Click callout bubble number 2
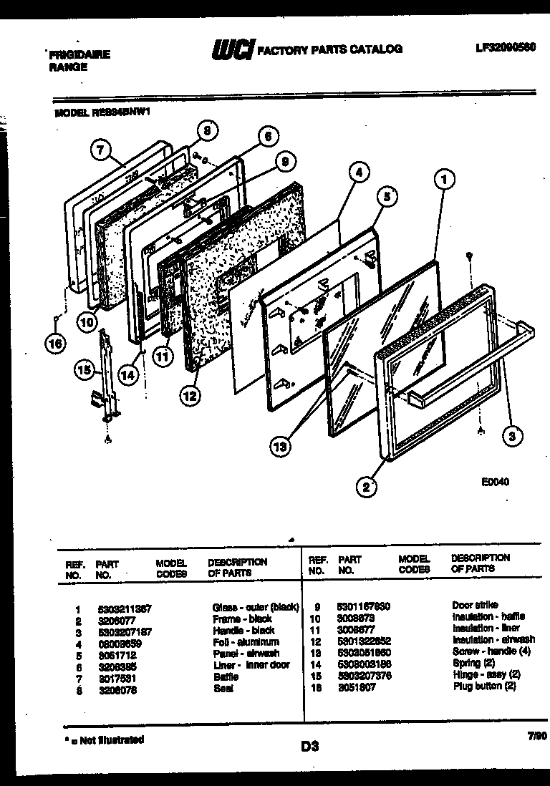click(x=366, y=488)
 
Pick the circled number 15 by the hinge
click(x=85, y=370)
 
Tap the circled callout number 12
click(x=190, y=393)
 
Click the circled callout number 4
click(x=360, y=173)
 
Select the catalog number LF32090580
click(x=505, y=49)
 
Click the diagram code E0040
click(x=495, y=482)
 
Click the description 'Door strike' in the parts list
click(x=475, y=605)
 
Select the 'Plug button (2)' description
click(x=485, y=686)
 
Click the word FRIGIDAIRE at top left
click(x=79, y=54)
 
